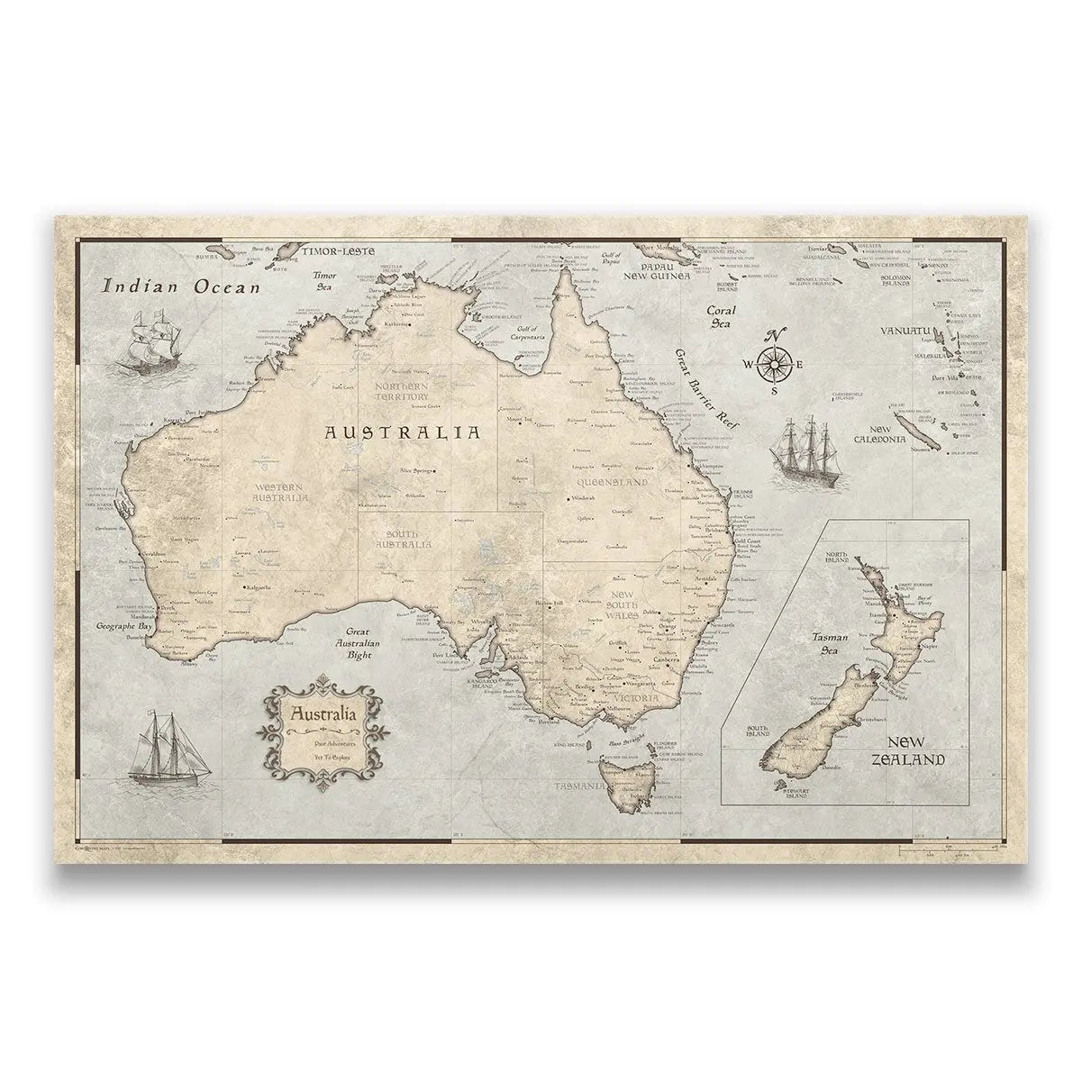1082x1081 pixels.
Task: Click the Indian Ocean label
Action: coord(180,287)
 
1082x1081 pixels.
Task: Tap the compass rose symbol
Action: coord(774,362)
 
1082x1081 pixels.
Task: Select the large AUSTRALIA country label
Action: coord(402,432)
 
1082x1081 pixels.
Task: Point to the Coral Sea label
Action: coord(723,316)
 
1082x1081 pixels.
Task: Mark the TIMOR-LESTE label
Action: coord(337,251)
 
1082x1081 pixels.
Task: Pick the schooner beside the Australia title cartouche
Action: coord(167,748)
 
